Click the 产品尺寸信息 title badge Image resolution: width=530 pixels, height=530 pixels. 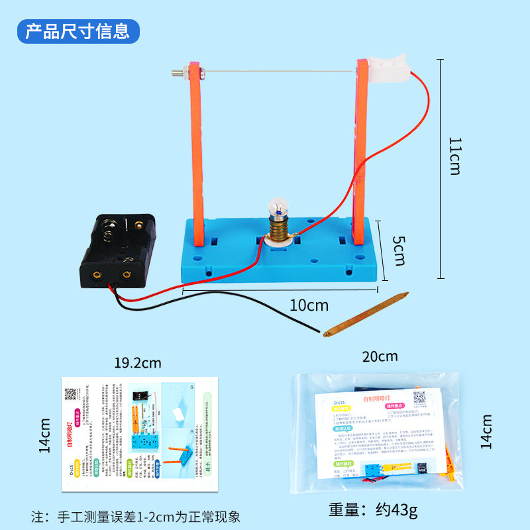(x=78, y=30)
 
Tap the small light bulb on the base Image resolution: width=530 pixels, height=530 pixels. (x=276, y=209)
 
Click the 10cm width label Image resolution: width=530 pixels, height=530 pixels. (x=309, y=305)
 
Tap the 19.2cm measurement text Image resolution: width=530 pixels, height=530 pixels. (x=137, y=362)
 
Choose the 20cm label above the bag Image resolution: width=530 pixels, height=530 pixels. (x=380, y=356)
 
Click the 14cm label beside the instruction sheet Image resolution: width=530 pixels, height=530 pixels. (x=45, y=435)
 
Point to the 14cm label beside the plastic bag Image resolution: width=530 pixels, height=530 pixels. (x=486, y=431)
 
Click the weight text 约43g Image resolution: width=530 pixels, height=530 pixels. (x=374, y=510)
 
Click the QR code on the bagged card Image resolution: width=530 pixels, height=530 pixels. (x=419, y=397)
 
